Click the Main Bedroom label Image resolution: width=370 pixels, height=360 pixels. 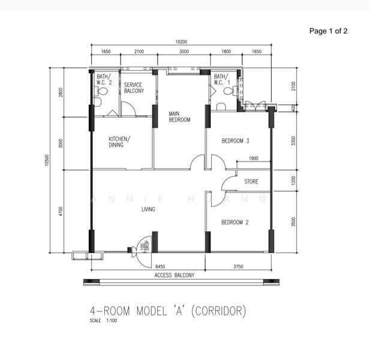[179, 116]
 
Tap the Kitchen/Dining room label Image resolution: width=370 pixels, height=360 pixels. [119, 142]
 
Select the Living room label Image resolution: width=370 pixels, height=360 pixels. [148, 209]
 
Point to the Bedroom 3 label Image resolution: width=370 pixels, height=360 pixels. [235, 141]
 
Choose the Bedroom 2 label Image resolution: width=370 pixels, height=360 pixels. [235, 222]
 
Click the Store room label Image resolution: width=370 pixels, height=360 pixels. [251, 181]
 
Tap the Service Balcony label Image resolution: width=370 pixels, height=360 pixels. [134, 88]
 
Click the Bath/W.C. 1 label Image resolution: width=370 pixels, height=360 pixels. [222, 80]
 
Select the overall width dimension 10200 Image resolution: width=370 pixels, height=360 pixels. [181, 42]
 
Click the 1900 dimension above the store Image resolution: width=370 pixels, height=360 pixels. [253, 158]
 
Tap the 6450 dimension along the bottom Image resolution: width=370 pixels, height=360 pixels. [160, 266]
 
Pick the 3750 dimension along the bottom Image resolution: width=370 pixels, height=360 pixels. [238, 266]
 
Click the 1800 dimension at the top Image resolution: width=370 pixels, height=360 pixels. [226, 52]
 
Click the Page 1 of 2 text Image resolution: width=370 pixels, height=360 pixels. [328, 31]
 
